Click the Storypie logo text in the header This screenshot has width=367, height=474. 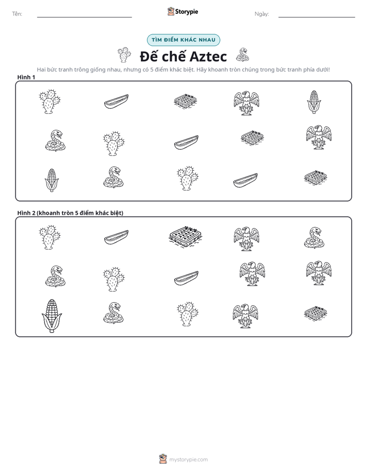(187, 12)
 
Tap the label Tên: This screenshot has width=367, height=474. (17, 14)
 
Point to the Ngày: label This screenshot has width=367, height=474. (262, 14)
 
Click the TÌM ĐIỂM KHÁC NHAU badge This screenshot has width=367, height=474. (183, 40)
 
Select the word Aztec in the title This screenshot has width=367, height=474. (208, 56)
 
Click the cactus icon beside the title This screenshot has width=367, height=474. (124, 55)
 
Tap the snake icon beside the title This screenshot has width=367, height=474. (242, 55)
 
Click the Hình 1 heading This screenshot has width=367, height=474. (26, 77)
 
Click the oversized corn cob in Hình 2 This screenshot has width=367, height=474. (52, 316)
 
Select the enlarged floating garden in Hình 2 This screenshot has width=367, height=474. (186, 237)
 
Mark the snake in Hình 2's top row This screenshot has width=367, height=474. (314, 238)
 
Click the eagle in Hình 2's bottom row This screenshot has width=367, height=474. (245, 316)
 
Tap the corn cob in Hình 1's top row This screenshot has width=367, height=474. (314, 102)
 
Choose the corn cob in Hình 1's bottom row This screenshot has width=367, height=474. (51, 180)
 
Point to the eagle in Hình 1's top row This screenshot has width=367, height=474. (246, 103)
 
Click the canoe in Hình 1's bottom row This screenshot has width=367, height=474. (245, 181)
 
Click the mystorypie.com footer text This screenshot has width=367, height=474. (188, 460)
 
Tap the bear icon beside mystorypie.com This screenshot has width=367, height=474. (163, 459)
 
